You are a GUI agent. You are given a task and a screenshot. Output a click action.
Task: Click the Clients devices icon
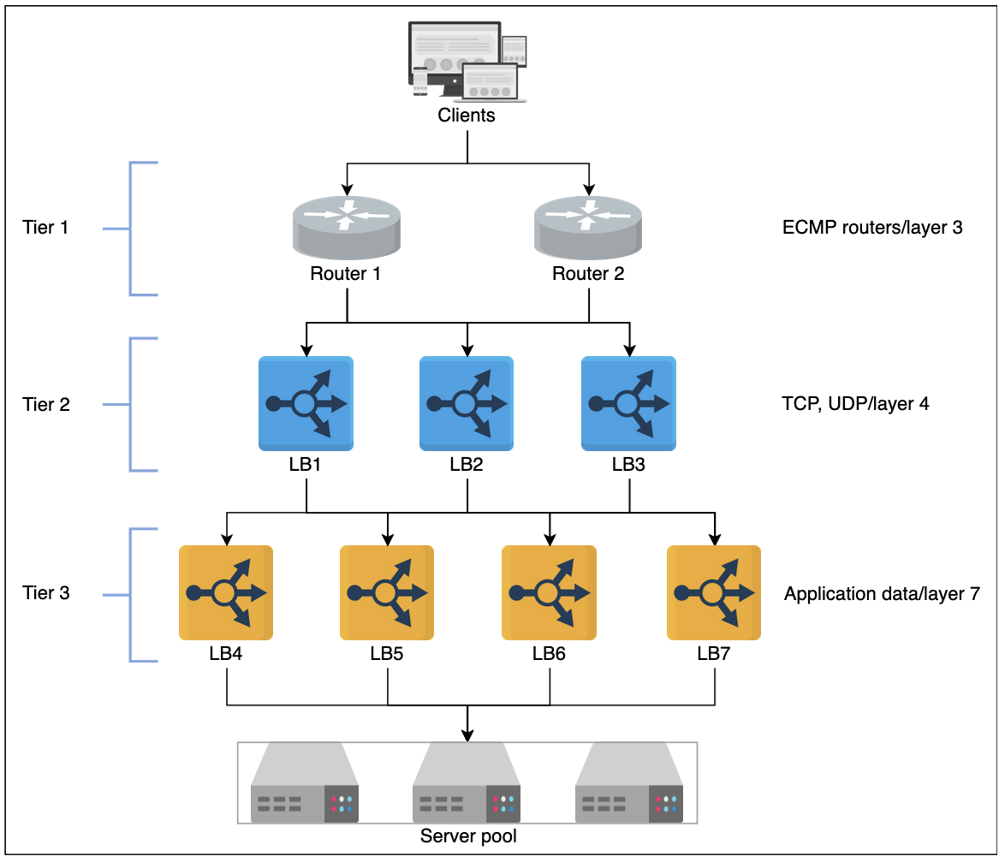467,61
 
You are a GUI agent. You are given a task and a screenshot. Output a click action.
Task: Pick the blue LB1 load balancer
306,403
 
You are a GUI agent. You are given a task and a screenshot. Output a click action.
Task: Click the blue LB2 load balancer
467,403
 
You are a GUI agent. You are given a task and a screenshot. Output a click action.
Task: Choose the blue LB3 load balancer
628,403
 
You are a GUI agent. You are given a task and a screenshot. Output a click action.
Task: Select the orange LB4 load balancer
226,592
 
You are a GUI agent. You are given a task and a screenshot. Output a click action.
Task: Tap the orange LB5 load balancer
387,592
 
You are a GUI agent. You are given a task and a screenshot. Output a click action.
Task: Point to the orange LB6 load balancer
549,592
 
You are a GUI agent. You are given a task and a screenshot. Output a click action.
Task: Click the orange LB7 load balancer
714,592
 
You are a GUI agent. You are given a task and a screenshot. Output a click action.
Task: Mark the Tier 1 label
46,228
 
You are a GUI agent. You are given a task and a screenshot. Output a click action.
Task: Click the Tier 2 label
46,404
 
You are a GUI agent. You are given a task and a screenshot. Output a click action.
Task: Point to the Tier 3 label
46,592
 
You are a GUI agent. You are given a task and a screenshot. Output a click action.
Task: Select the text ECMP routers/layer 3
872,228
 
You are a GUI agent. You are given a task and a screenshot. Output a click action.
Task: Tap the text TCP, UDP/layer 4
856,404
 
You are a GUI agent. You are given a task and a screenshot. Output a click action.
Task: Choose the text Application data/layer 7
882,593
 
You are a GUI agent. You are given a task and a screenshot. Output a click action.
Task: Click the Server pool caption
468,835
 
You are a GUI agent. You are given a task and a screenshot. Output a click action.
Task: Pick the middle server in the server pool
467,783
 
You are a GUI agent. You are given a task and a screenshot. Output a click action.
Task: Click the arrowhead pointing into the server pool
467,734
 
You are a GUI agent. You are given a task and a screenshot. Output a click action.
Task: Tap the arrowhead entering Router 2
588,187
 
